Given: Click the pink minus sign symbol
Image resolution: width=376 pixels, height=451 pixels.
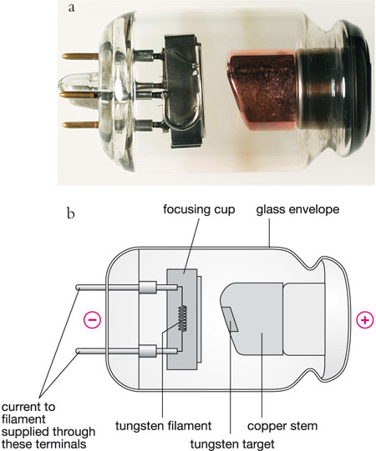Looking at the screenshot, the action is tap(92, 320).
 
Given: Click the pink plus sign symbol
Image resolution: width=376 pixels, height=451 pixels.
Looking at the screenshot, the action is tap(365, 320).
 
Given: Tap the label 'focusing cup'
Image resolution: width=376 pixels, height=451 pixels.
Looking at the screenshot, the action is tap(199, 209).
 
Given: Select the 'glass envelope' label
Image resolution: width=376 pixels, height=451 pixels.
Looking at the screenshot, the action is tap(297, 209).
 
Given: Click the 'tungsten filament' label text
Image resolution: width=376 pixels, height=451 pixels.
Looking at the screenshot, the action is tap(164, 426).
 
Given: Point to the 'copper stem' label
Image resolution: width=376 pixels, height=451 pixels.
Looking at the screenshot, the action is tap(282, 426).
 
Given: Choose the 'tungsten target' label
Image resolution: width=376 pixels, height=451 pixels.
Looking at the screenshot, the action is tap(232, 443).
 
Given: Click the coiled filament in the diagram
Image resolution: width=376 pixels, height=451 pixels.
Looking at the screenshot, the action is tap(182, 318).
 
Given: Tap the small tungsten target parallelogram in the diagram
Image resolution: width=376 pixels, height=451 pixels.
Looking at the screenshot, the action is tap(231, 319).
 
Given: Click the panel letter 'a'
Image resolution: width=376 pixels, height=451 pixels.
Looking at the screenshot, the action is tap(71, 8).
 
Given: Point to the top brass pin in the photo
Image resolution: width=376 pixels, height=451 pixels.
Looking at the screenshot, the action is tap(80, 56).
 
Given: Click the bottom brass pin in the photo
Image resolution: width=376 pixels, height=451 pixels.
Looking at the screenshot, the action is tap(80, 125).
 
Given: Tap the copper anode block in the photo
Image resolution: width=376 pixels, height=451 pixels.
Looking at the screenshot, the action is tap(262, 90).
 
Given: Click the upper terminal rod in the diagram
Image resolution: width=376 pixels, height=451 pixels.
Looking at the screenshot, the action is tap(127, 288).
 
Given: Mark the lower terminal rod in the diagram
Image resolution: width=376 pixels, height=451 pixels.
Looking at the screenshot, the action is tap(127, 352).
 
